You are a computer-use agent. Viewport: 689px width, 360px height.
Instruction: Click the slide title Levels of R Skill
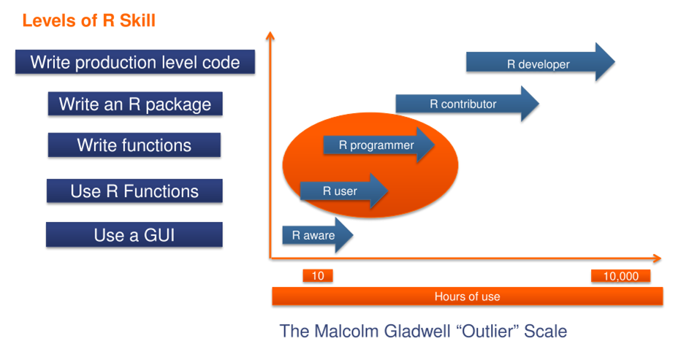click(88, 20)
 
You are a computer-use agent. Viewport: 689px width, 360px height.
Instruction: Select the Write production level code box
click(135, 62)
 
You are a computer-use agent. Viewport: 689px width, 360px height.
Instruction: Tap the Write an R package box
click(135, 104)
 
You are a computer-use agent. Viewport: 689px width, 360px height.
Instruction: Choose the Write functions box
click(134, 145)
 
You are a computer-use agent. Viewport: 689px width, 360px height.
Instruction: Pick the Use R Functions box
click(134, 191)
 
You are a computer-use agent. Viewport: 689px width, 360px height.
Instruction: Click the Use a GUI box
click(134, 235)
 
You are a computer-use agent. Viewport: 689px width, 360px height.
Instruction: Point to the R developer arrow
click(541, 62)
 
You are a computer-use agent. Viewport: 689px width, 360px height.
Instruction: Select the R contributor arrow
click(467, 104)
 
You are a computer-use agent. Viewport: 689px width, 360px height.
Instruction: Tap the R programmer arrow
click(378, 145)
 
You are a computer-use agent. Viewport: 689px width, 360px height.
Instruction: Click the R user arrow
click(343, 191)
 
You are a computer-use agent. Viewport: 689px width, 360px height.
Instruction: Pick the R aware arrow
click(317, 235)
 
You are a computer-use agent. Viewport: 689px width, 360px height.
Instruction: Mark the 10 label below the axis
click(318, 276)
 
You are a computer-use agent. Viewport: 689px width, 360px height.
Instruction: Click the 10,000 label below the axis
click(620, 276)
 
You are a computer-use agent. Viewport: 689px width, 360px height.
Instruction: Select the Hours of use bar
click(467, 296)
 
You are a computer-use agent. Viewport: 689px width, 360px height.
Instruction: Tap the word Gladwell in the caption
click(417, 331)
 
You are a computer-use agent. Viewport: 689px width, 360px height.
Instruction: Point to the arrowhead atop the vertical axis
click(270, 35)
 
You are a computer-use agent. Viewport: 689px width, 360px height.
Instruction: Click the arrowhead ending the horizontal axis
click(657, 258)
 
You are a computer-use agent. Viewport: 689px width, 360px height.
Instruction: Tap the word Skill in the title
click(137, 20)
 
